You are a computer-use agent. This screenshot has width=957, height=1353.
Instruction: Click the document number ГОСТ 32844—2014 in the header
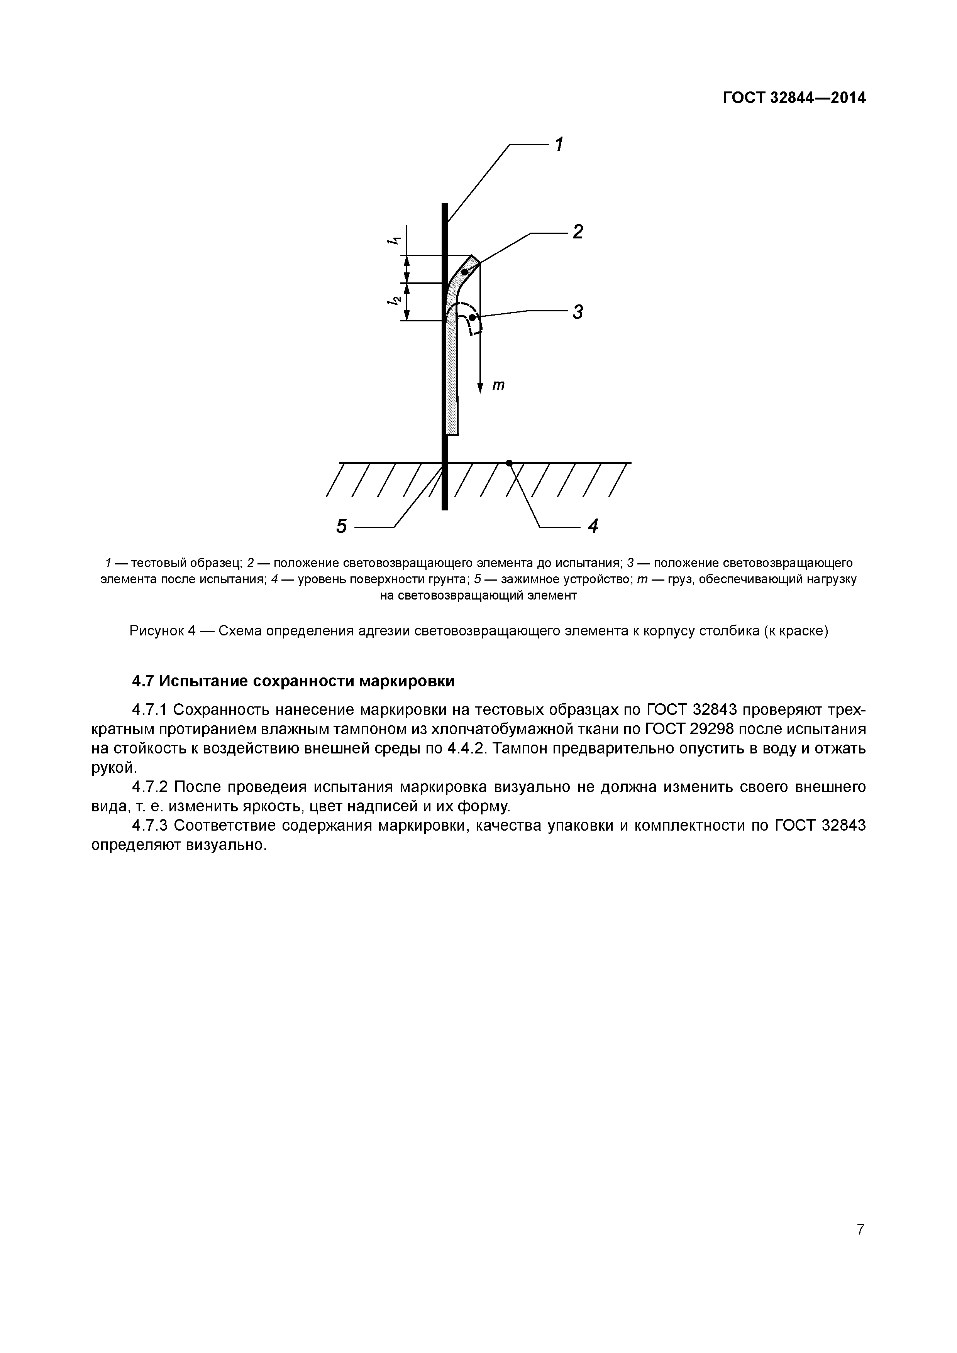click(794, 98)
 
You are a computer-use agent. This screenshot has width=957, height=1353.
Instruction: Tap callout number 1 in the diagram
click(558, 144)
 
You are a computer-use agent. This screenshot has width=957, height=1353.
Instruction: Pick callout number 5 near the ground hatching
click(341, 525)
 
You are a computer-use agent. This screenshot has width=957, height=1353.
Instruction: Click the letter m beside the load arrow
click(498, 385)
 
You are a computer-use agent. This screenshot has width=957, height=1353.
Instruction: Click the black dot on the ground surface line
click(509, 463)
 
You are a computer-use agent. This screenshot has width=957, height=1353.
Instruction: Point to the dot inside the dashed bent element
click(472, 318)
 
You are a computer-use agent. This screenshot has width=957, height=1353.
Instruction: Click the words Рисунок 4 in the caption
click(162, 631)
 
